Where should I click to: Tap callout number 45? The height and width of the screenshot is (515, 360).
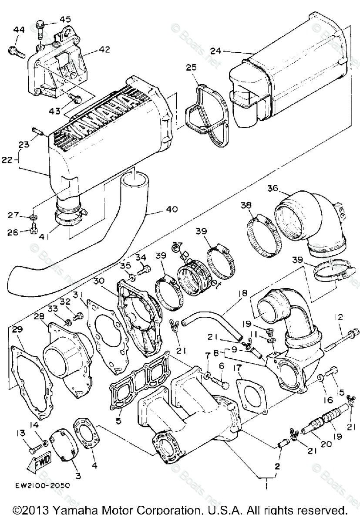(65, 19)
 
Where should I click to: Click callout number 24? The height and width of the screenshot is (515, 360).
(215, 51)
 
